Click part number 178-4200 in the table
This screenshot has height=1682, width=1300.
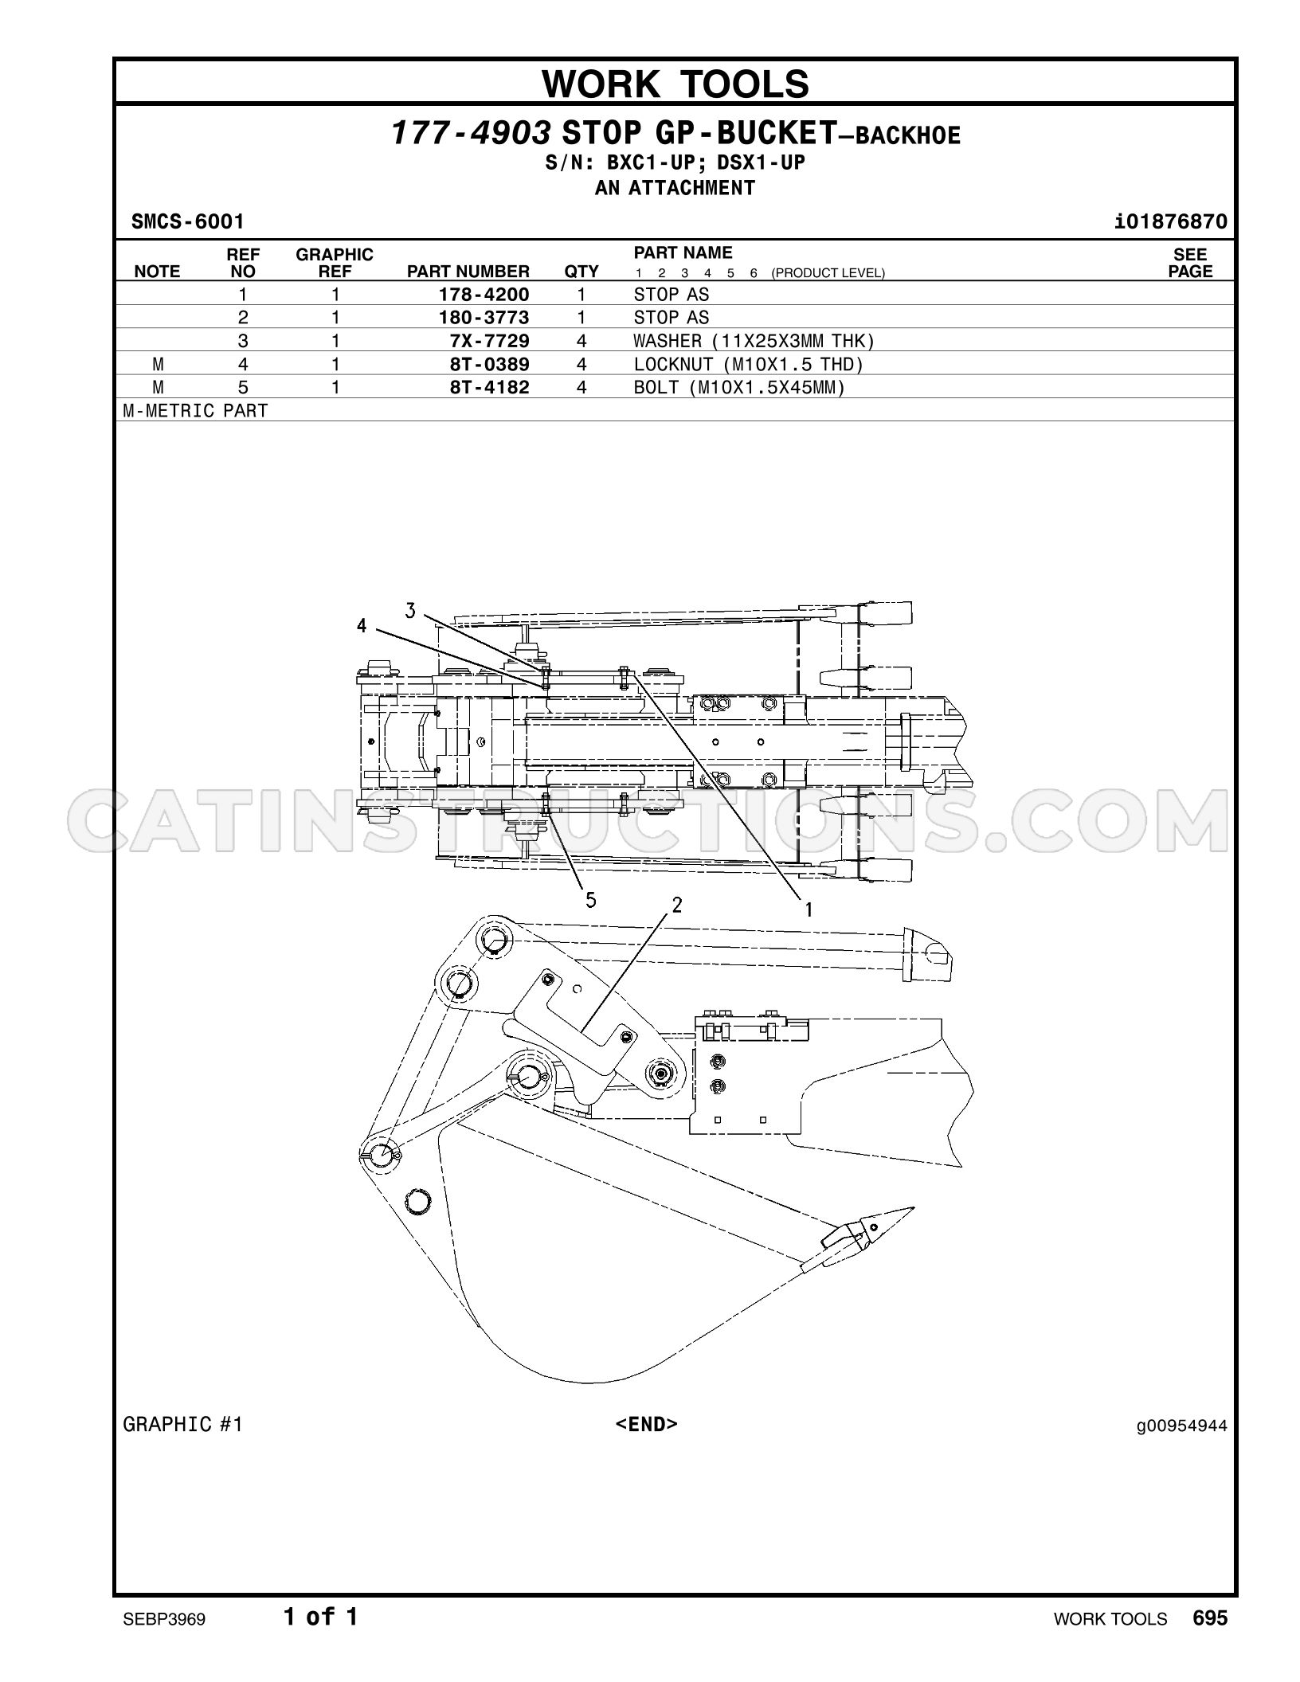pyautogui.click(x=484, y=294)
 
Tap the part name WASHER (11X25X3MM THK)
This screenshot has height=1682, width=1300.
pyautogui.click(x=754, y=341)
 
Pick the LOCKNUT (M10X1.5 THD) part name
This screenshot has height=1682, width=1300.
pyautogui.click(x=748, y=364)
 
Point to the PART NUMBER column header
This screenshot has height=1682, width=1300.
pyautogui.click(x=468, y=272)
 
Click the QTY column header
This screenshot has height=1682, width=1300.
pyautogui.click(x=581, y=272)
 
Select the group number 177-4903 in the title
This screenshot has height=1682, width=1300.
pyautogui.click(x=470, y=134)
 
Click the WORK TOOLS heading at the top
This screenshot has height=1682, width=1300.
pyautogui.click(x=675, y=84)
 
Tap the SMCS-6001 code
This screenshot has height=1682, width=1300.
pyautogui.click(x=188, y=221)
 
